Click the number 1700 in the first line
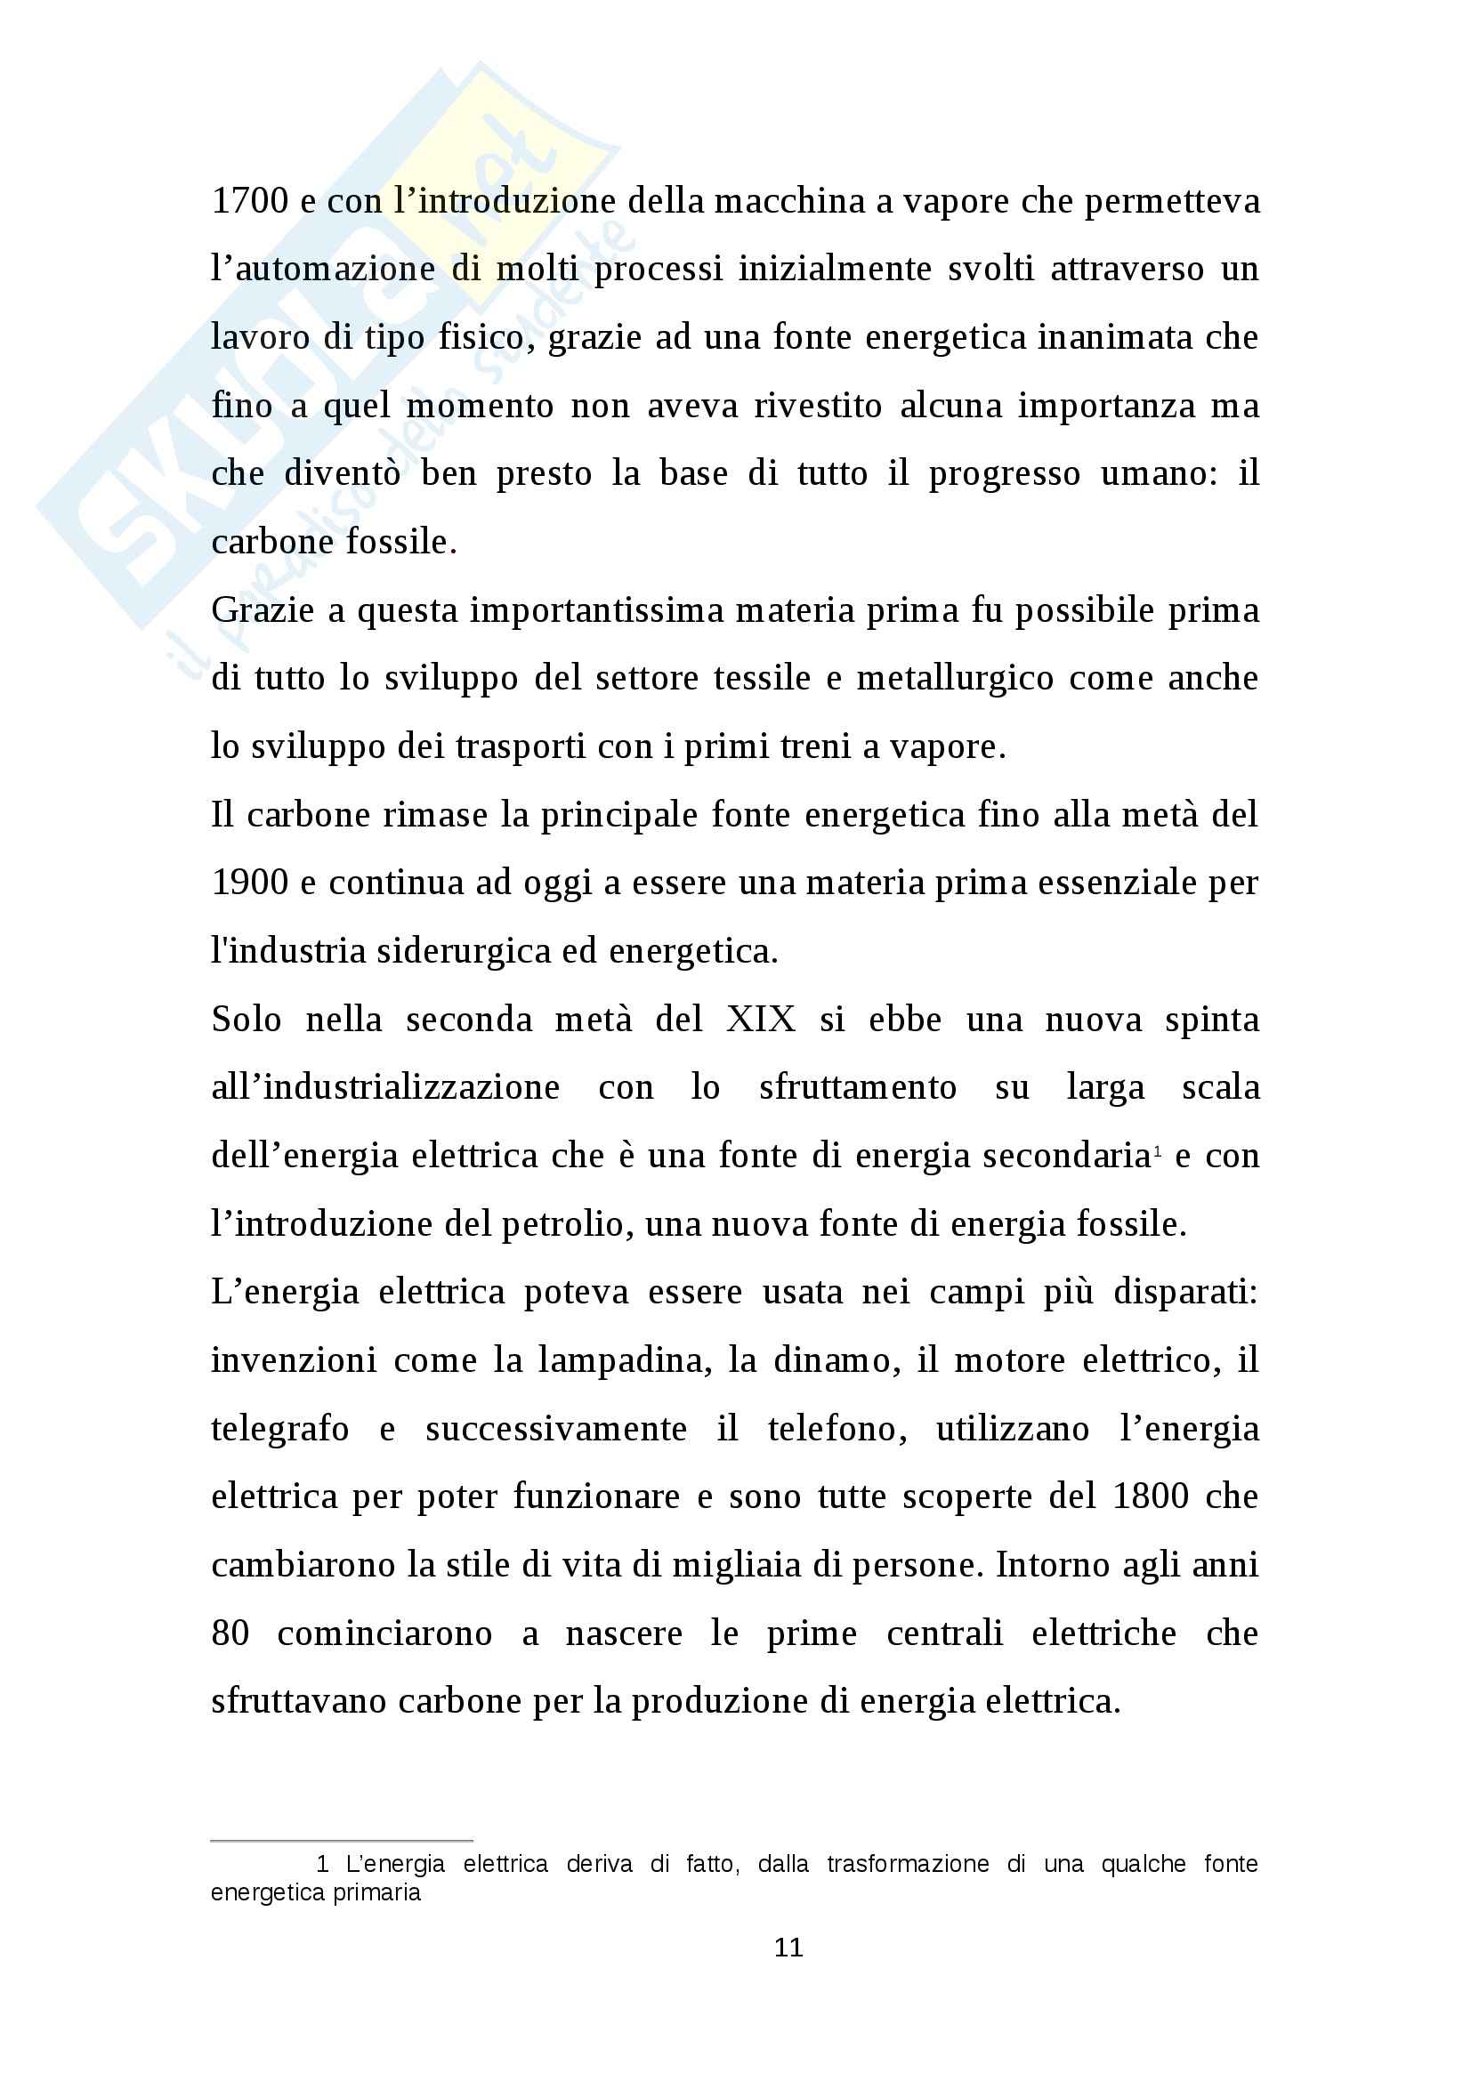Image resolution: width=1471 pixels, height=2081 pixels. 249,201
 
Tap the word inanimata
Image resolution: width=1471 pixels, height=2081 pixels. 1115,337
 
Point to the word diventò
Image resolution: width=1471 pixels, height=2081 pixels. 342,474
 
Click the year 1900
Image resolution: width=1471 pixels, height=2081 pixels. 249,883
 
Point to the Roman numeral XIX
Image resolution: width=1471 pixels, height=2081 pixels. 761,1020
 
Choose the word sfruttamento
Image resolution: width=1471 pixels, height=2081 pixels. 857,1087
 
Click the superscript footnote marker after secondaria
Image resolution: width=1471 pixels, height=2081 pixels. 1158,1149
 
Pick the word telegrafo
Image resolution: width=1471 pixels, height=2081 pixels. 280,1430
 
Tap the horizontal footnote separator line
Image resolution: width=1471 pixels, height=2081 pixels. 342,1842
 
